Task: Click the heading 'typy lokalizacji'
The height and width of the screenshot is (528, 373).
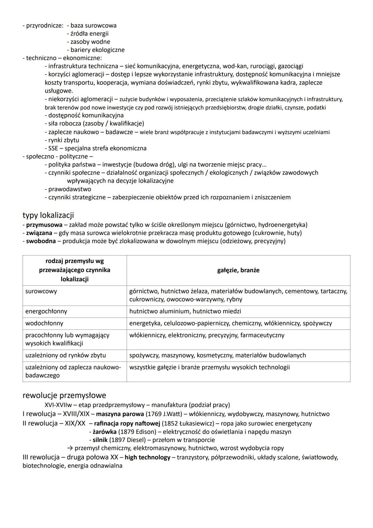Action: tap(48, 215)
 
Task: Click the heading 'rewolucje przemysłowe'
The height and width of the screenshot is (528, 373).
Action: tap(64, 395)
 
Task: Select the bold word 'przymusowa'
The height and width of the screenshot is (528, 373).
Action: tap(44, 225)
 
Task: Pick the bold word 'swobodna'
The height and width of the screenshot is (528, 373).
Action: tap(41, 241)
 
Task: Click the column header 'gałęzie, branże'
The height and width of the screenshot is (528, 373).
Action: tap(238, 270)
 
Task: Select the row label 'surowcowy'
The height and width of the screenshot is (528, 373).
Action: tap(41, 291)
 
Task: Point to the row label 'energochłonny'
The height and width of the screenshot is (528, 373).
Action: tap(46, 311)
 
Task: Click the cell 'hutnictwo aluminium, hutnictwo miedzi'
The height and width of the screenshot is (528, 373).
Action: tap(185, 311)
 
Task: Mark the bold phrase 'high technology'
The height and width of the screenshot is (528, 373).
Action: tap(147, 458)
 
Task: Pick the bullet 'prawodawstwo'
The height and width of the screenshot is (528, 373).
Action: tap(70, 189)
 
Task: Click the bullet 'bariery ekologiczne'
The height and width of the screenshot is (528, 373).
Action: tap(97, 50)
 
